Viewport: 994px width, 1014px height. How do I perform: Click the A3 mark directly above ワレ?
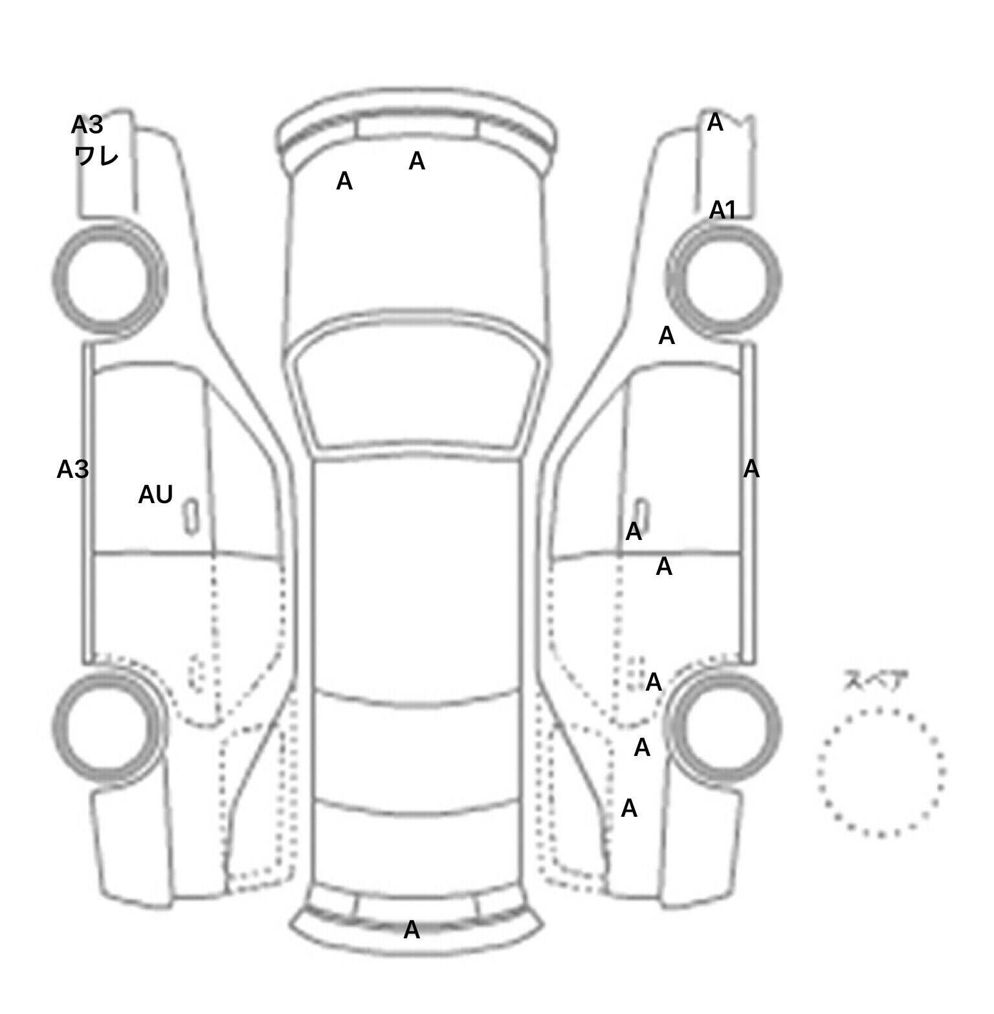(x=87, y=125)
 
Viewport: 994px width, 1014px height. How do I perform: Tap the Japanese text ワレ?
(x=96, y=155)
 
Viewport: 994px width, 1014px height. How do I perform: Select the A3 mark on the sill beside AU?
(x=72, y=469)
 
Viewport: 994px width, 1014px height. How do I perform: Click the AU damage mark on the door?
(x=155, y=495)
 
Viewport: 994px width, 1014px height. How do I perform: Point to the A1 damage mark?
(x=723, y=210)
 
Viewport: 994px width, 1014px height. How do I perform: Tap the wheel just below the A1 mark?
(x=723, y=279)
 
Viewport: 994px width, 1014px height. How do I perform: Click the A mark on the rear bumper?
(x=412, y=930)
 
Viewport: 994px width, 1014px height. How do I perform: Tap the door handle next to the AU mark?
(x=192, y=516)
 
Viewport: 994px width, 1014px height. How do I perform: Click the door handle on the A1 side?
(x=640, y=514)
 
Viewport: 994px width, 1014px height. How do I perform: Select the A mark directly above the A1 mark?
(x=715, y=122)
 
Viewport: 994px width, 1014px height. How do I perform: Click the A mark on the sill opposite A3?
(x=751, y=469)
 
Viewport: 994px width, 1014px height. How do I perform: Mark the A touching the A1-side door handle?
(x=634, y=532)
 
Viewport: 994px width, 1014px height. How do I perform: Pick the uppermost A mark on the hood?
(x=417, y=161)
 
